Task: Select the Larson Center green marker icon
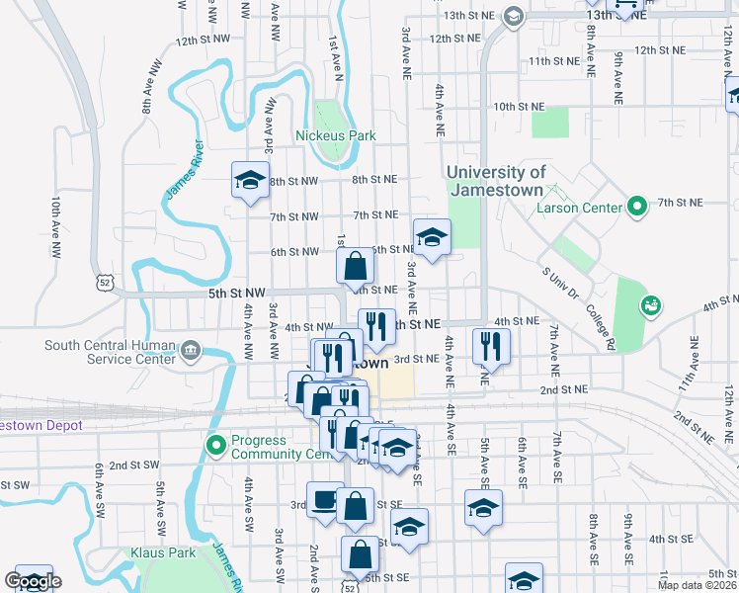click(637, 208)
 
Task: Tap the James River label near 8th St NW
click(184, 168)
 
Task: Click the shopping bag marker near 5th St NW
click(355, 265)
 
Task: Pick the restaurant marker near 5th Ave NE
click(490, 346)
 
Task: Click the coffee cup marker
click(324, 500)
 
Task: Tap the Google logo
click(33, 581)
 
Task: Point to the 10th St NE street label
click(519, 106)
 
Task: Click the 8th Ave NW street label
click(150, 90)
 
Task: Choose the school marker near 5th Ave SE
click(483, 508)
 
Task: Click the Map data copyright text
click(697, 585)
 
